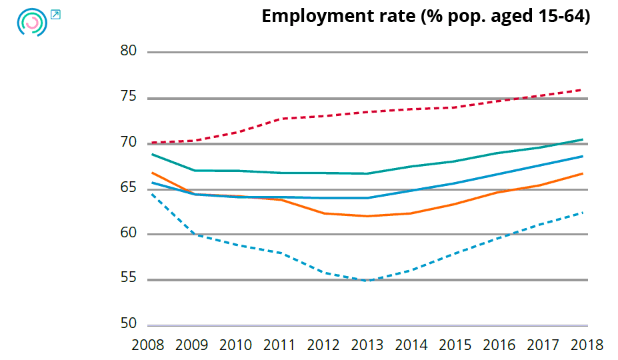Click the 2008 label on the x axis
(x=148, y=345)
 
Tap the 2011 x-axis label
(x=279, y=345)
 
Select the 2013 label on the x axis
(x=367, y=345)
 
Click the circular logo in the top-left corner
(x=31, y=22)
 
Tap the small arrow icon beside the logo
(x=55, y=14)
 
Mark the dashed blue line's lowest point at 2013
(x=367, y=281)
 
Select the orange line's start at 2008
(x=152, y=173)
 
